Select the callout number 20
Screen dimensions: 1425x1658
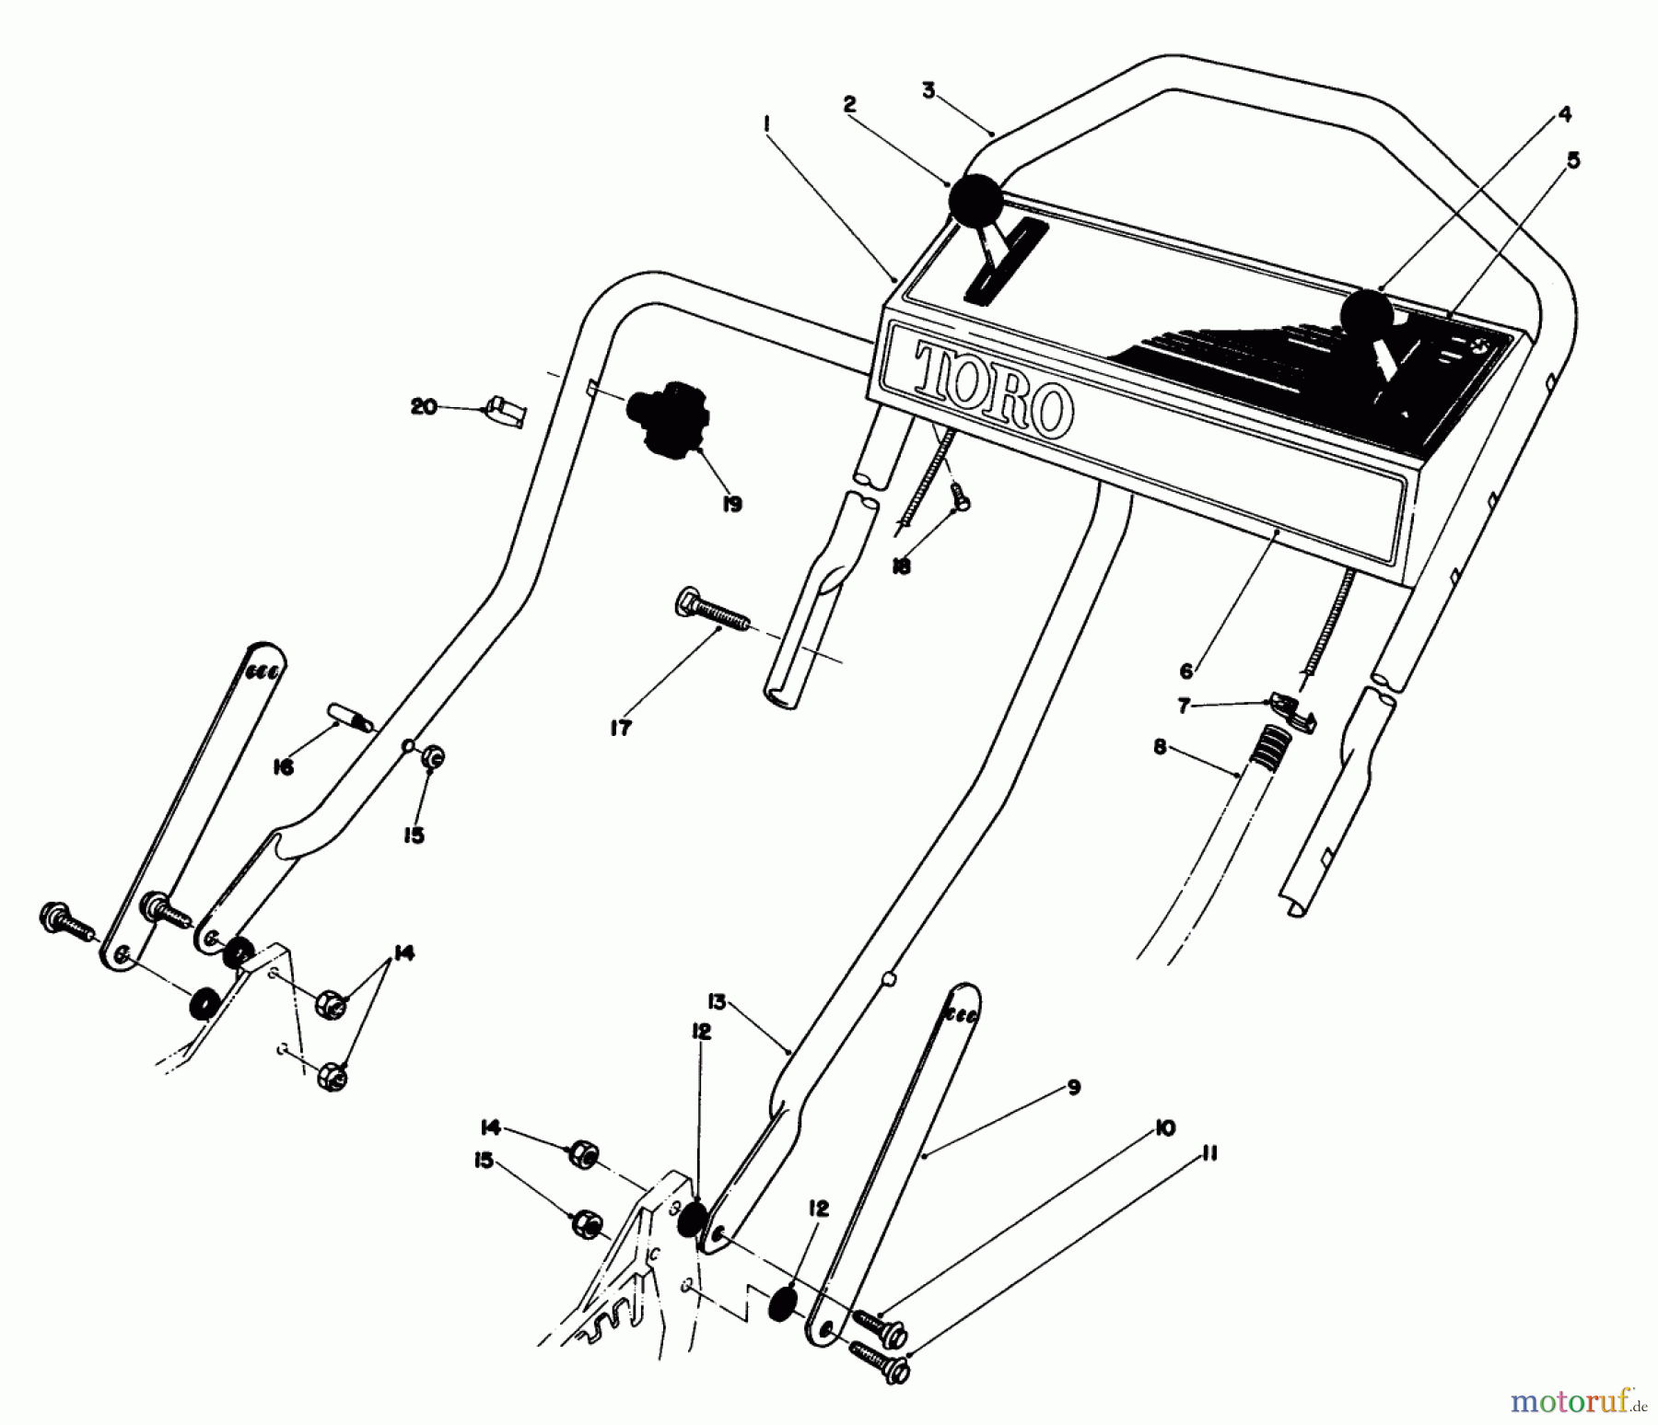click(x=424, y=406)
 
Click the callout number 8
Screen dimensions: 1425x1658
click(x=1160, y=747)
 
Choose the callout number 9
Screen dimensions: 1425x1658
click(x=1074, y=1087)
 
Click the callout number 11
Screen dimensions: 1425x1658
click(x=1209, y=1153)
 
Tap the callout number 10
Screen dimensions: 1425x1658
click(x=1165, y=1127)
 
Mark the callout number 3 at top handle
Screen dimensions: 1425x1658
click(x=928, y=90)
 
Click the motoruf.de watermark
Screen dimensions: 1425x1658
click(x=1577, y=1402)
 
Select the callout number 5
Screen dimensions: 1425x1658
click(x=1573, y=160)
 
